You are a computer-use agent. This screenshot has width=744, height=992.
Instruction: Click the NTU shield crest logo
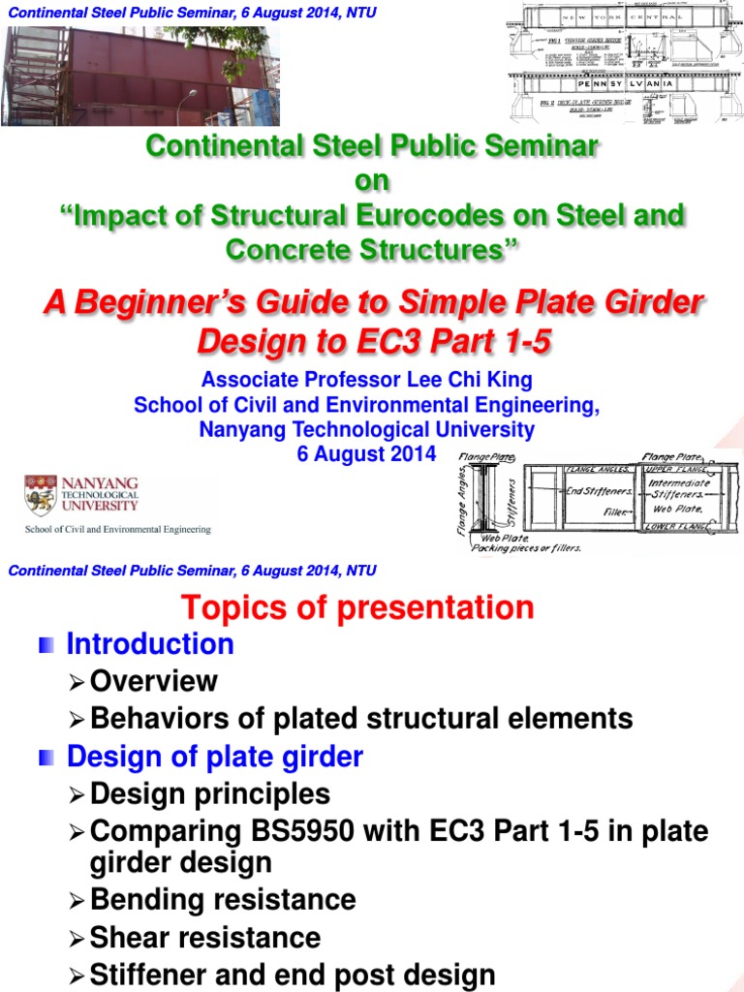pyautogui.click(x=40, y=495)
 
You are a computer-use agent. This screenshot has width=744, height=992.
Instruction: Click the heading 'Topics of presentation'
pyautogui.click(x=357, y=607)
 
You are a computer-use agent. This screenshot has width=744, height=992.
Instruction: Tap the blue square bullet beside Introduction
pyautogui.click(x=46, y=644)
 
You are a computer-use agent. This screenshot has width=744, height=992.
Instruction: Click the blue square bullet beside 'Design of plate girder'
pyautogui.click(x=46, y=758)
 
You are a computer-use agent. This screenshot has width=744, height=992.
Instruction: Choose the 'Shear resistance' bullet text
pyautogui.click(x=205, y=937)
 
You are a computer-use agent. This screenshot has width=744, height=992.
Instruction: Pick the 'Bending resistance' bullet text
pyautogui.click(x=223, y=899)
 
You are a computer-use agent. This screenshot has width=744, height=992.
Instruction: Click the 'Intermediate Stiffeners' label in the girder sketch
pyautogui.click(x=678, y=488)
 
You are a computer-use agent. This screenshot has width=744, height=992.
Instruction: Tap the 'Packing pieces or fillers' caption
pyautogui.click(x=525, y=547)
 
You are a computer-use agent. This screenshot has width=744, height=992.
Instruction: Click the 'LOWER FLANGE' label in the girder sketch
pyautogui.click(x=678, y=527)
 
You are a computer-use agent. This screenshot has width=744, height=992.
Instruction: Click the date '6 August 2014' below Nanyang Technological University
pyautogui.click(x=366, y=452)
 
